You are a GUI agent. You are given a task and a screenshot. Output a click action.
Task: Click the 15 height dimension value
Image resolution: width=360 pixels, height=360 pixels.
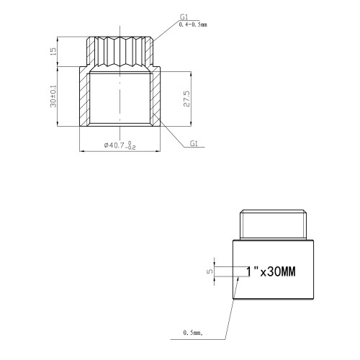53,51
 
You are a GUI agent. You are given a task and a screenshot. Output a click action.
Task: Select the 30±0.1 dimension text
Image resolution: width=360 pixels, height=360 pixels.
53,96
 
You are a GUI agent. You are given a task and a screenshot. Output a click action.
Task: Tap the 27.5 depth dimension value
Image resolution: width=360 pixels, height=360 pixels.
186,99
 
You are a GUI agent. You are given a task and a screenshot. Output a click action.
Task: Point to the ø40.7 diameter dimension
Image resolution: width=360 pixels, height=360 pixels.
120,145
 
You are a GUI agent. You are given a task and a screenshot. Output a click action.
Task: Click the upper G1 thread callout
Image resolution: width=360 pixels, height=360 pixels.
184,17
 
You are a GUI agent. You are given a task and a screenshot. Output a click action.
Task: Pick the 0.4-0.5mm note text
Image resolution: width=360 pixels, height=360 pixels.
193,24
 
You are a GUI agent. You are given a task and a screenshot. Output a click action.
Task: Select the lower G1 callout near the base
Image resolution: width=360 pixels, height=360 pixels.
194,143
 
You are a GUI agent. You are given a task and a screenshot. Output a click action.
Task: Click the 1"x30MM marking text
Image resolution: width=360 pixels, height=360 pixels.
271,271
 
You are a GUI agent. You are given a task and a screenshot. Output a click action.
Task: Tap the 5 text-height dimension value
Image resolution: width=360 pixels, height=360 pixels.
210,271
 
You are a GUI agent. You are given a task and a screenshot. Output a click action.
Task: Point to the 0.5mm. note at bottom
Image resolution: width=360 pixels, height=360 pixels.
193,333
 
